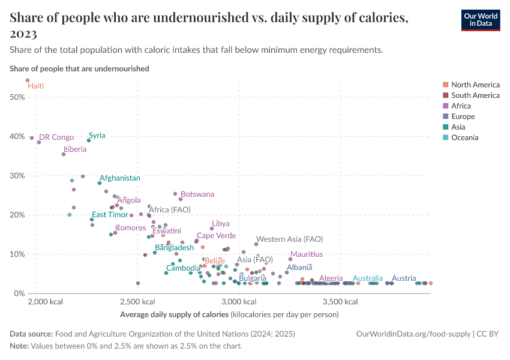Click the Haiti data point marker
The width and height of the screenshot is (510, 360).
[28, 80]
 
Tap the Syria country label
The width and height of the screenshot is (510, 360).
[97, 136]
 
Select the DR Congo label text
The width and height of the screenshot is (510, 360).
[56, 137]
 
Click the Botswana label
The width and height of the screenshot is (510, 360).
[197, 194]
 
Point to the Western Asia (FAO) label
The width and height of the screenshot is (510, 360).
[289, 239]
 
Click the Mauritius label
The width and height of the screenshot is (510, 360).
[306, 254]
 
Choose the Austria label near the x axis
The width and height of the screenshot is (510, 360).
[404, 278]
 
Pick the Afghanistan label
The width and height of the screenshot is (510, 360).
[120, 178]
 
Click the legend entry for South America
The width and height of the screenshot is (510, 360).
[475, 95]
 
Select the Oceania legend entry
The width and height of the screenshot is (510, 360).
[466, 138]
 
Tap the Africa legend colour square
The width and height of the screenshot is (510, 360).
[445, 106]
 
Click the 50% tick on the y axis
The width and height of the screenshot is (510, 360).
[17, 97]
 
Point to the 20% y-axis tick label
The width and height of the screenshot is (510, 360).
[17, 215]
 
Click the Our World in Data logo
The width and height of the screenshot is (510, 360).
[481, 19]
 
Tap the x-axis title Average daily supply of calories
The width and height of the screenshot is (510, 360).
[175, 314]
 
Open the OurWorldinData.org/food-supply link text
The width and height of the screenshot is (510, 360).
[410, 334]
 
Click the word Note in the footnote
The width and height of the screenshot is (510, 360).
[20, 346]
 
